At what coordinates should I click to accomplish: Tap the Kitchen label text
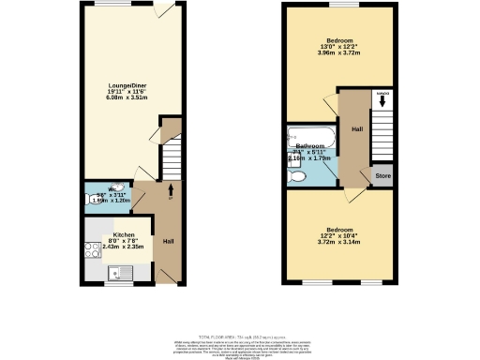tap(125, 235)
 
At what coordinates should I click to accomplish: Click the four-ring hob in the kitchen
tap(92, 250)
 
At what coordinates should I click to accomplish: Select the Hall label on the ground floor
tap(167, 241)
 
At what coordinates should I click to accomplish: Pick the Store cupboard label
tap(382, 174)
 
